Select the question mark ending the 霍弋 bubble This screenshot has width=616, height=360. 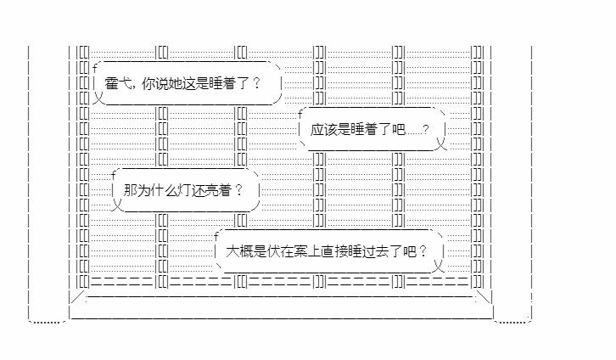[256, 83]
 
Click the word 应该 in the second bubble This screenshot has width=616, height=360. [323, 129]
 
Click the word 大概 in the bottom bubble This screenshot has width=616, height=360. [239, 251]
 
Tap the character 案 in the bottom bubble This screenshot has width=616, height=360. [300, 251]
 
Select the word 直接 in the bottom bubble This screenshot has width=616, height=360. [334, 251]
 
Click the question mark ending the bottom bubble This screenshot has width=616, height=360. [423, 251]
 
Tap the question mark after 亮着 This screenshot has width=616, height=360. [238, 190]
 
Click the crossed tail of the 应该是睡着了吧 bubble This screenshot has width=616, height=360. [441, 143]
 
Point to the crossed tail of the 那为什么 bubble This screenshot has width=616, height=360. [117, 205]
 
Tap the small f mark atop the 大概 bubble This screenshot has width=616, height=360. [216, 236]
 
